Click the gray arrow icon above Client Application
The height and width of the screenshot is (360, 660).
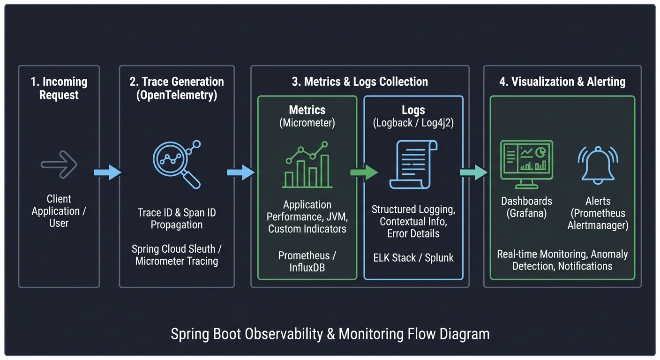pyautogui.click(x=59, y=165)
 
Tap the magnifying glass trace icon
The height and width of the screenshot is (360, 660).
pyautogui.click(x=177, y=165)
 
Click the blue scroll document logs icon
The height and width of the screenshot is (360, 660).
pyautogui.click(x=413, y=165)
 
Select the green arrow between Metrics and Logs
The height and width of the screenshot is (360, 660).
pyautogui.click(x=364, y=172)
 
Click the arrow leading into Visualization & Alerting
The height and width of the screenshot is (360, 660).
pyautogui.click(x=473, y=172)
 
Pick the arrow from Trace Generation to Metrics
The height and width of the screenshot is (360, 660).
pyautogui.click(x=240, y=172)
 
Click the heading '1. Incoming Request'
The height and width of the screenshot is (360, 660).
pyautogui.click(x=59, y=88)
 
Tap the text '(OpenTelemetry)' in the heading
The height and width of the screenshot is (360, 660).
pyautogui.click(x=177, y=95)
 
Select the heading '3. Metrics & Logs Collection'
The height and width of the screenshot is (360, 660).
pyautogui.click(x=360, y=82)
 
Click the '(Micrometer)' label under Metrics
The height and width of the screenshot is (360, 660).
pyautogui.click(x=307, y=123)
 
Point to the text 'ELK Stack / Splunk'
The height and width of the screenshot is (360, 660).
pyautogui.click(x=413, y=257)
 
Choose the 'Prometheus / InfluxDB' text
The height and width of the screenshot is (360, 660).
pyautogui.click(x=307, y=262)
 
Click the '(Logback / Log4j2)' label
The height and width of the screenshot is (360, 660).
pyautogui.click(x=413, y=123)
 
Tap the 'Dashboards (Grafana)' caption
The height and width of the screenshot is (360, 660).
pyautogui.click(x=526, y=207)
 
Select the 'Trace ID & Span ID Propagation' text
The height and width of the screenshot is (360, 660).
pyautogui.click(x=177, y=218)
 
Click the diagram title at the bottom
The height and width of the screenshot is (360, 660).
pyautogui.click(x=330, y=334)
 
